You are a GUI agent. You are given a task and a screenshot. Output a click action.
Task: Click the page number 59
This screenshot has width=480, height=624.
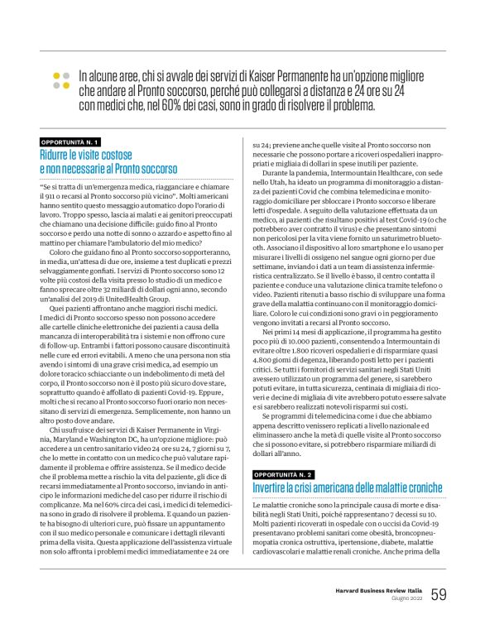[439, 594]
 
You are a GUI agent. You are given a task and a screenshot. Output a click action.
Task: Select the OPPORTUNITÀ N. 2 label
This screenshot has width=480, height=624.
[283, 475]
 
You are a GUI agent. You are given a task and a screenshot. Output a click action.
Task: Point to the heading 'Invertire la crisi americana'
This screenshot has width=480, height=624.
[348, 488]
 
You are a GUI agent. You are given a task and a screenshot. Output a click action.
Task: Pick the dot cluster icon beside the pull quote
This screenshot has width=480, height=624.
[60, 79]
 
